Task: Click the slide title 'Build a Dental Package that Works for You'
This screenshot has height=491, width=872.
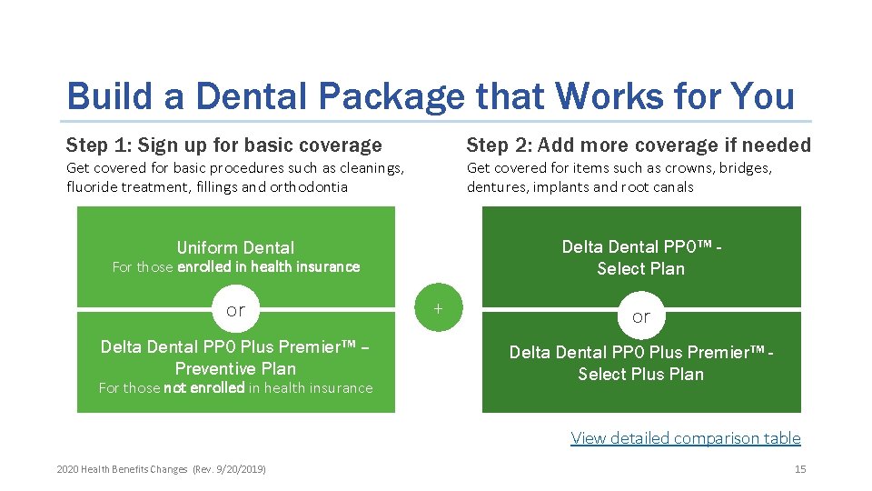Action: pos(431,95)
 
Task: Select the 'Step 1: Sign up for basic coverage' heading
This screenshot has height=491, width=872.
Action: pos(223,145)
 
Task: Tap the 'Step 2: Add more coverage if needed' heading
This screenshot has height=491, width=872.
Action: pos(638,145)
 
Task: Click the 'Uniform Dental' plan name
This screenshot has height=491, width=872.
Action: pos(235,247)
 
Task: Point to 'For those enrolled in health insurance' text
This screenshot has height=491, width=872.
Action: pos(235,266)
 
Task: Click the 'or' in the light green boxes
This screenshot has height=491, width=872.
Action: pos(235,310)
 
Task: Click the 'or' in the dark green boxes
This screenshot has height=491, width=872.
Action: pos(640,316)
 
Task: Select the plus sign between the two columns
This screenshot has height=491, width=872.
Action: pos(438,308)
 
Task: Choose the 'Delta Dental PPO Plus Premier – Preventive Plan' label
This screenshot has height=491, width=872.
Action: pos(235,356)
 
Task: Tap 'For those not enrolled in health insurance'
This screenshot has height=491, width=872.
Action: pos(235,387)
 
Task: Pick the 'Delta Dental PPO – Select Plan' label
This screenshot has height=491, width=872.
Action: pos(640,257)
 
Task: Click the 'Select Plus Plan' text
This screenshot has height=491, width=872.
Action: pos(640,374)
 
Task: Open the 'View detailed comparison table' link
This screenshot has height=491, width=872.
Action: pos(685,438)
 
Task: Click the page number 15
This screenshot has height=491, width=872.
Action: pos(799,469)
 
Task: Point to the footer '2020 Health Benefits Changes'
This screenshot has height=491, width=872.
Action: pos(121,469)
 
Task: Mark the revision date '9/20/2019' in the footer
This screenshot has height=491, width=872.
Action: pos(238,469)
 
